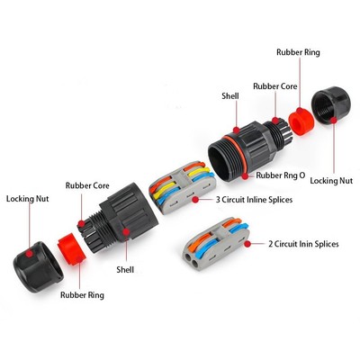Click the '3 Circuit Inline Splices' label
click(x=254, y=200)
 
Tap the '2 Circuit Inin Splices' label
click(x=303, y=244)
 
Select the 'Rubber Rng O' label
click(x=281, y=175)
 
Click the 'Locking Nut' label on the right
click(x=331, y=181)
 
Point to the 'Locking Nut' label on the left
click(x=27, y=199)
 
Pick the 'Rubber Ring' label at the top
click(x=298, y=52)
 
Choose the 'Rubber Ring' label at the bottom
click(x=82, y=295)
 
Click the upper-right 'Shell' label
click(x=230, y=96)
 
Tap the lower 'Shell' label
click(x=125, y=269)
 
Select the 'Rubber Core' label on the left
click(x=87, y=185)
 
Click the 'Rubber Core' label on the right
click(x=275, y=86)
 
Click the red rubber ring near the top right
click(x=301, y=121)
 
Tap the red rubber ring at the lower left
click(x=72, y=248)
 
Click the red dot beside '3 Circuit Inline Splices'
click(x=195, y=200)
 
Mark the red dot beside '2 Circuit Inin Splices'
click(x=247, y=244)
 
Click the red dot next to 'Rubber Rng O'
click(x=246, y=176)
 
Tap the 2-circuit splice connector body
click(x=215, y=244)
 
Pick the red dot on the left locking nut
click(x=29, y=254)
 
